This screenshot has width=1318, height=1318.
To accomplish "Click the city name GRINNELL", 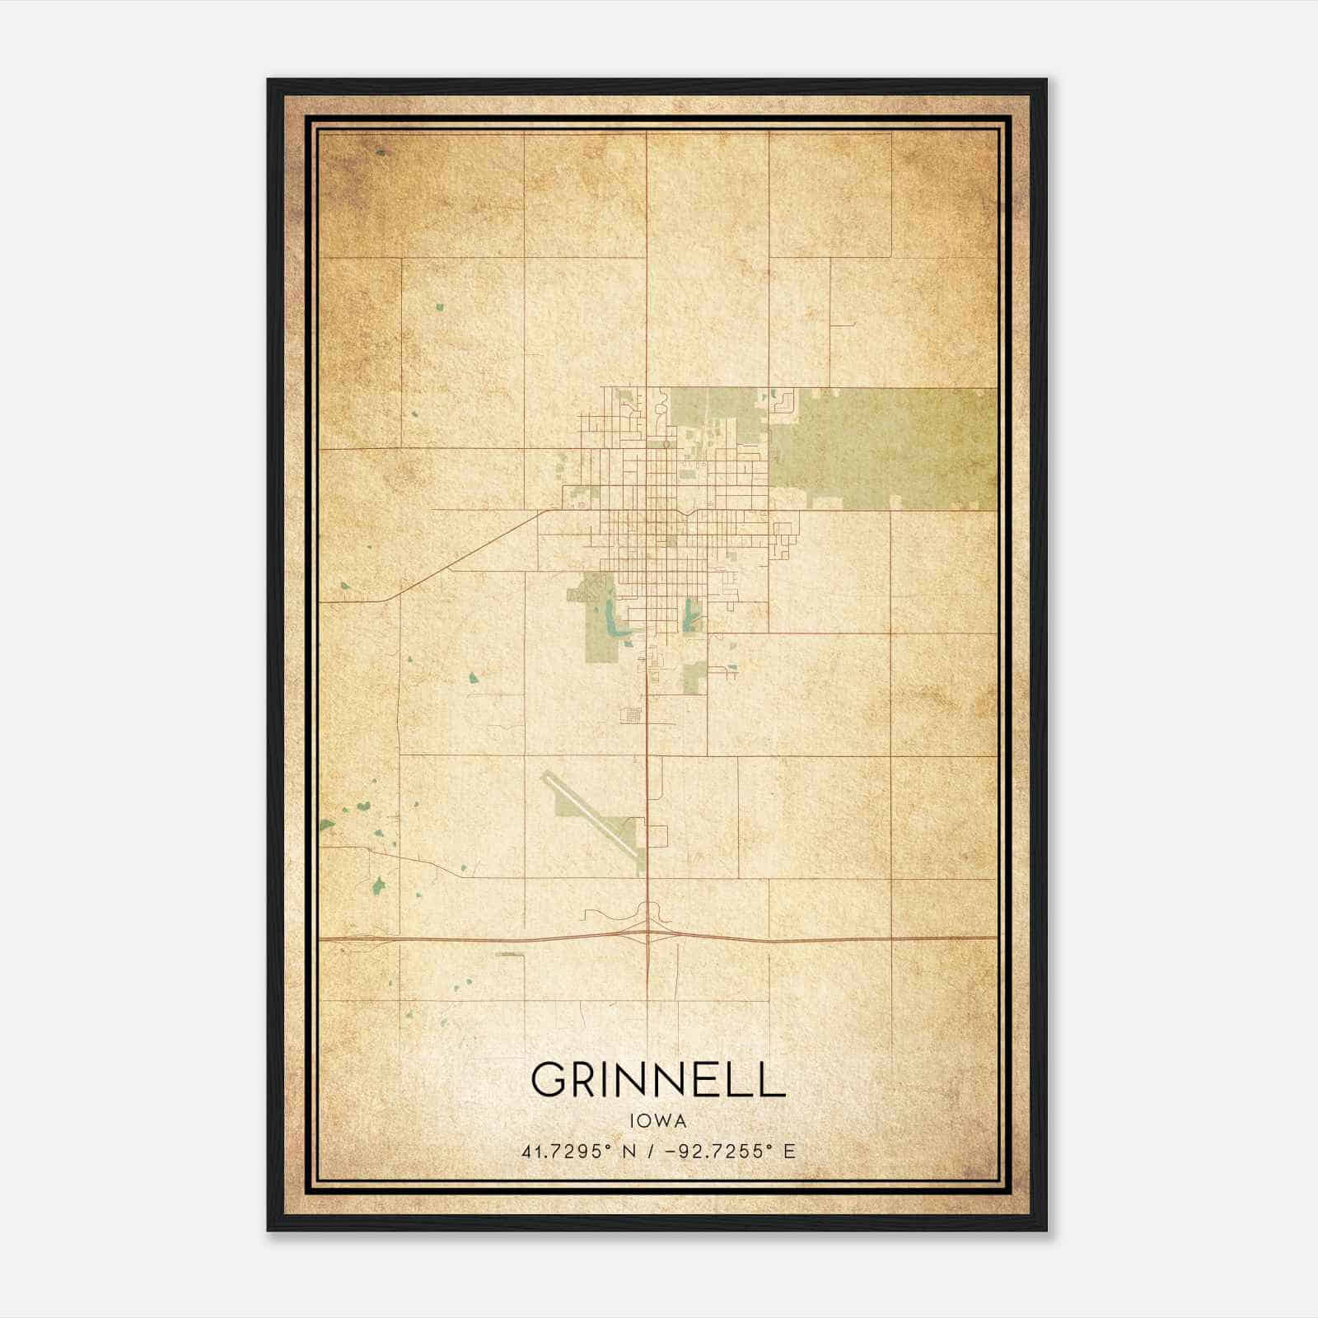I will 657,1079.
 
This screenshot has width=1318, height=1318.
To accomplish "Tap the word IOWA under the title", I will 657,1121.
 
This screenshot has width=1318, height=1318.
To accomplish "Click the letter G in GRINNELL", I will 550,1079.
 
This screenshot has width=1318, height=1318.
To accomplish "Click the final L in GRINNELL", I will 771,1079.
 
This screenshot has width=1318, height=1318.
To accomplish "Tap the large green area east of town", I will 881,449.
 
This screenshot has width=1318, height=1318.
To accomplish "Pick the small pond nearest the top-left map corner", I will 381,152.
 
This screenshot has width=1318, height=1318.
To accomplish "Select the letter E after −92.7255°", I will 789,1151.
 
